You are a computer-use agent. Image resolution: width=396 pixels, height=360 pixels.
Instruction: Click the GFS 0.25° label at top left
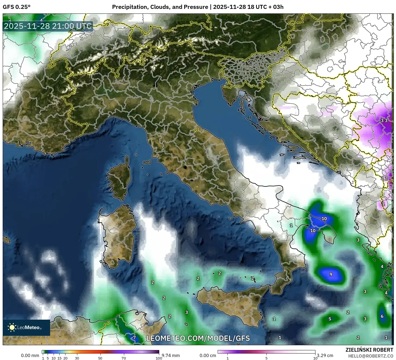click(16, 7)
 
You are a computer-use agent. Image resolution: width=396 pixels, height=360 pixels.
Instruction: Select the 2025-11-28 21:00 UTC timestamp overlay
click(48, 26)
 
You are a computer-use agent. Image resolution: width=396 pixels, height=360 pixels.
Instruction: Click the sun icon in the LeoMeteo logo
click(12, 327)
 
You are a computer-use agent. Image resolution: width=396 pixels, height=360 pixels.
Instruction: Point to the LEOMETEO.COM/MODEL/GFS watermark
click(198, 338)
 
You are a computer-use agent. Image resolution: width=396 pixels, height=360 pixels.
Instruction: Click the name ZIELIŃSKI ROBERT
click(369, 350)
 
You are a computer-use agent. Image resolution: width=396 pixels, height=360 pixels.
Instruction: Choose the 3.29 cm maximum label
click(325, 355)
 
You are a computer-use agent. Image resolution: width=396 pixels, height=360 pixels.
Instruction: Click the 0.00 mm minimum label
click(30, 355)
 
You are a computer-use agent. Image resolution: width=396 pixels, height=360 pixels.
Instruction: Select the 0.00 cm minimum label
click(208, 355)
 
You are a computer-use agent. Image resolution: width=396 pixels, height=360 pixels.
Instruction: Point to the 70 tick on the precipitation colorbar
click(124, 358)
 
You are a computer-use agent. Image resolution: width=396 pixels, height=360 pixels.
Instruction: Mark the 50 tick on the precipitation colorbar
click(100, 358)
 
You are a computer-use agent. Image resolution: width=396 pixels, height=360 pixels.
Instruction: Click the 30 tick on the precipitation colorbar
click(77, 358)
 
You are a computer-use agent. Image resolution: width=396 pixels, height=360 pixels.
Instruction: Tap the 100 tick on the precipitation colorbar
click(159, 358)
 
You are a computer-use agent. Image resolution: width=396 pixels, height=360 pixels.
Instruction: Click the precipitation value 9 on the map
click(331, 274)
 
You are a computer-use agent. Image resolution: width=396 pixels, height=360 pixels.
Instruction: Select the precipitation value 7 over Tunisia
click(134, 338)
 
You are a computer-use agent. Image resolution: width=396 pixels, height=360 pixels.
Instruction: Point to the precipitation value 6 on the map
click(382, 316)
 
